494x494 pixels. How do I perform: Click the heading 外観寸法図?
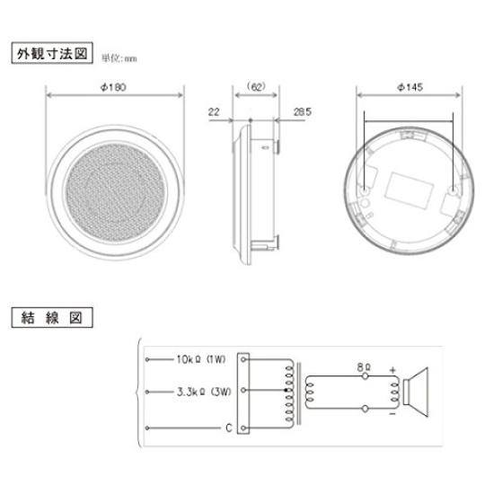52,54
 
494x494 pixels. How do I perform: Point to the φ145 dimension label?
410,87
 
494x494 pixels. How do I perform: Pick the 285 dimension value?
303,113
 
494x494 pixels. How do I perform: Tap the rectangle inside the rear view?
410,190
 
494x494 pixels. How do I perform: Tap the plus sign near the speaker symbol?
392,368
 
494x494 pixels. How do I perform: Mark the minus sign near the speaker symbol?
392,416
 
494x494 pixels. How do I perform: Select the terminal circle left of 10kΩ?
146,357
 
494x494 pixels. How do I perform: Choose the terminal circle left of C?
146,429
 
